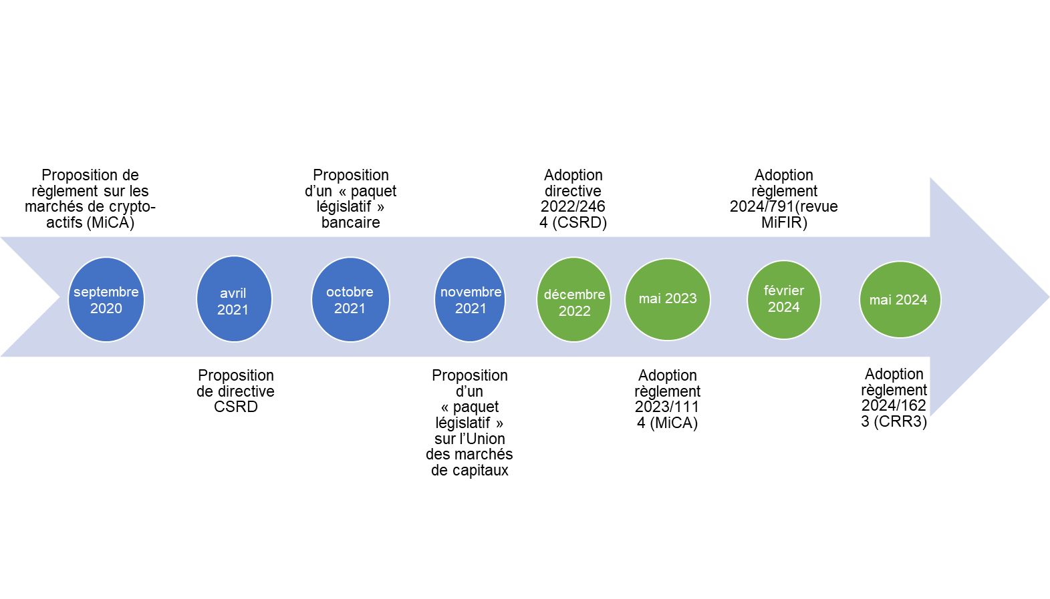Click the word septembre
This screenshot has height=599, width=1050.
point(106,292)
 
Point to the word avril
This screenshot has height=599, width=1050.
point(233,293)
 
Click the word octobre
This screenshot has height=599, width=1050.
point(350,292)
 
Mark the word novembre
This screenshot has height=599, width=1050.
point(471,292)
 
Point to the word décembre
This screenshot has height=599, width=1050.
point(574,294)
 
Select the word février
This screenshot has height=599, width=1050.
point(784,290)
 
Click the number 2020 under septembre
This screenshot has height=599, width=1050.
point(106,309)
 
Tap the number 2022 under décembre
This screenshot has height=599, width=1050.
point(575,311)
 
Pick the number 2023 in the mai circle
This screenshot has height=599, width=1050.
point(681,298)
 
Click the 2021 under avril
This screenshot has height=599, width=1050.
point(233,310)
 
